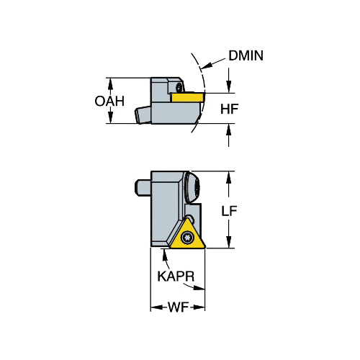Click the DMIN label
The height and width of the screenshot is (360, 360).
pyautogui.click(x=246, y=55)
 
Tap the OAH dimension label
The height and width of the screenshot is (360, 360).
pyautogui.click(x=109, y=101)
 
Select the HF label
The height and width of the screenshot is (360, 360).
pyautogui.click(x=230, y=109)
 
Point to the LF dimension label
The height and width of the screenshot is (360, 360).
pyautogui.click(x=229, y=211)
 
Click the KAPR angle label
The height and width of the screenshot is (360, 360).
pyautogui.click(x=176, y=276)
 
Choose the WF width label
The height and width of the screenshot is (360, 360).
pyautogui.click(x=178, y=307)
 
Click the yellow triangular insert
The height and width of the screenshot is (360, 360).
pyautogui.click(x=188, y=235)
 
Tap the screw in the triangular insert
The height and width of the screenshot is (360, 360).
pyautogui.click(x=186, y=238)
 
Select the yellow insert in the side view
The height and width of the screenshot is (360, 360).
pyautogui.click(x=188, y=97)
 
